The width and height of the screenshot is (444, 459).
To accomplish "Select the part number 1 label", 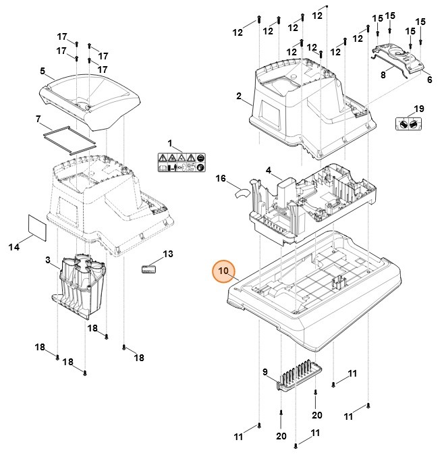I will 171,143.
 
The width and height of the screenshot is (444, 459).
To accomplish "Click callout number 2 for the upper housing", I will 239,97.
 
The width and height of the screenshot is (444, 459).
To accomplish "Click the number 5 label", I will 43,71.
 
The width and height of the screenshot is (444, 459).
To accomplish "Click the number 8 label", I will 383,76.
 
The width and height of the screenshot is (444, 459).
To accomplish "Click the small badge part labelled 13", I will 148,268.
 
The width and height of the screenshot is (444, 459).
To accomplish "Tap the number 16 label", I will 220,179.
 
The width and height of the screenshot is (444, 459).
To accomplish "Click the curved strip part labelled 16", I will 242,192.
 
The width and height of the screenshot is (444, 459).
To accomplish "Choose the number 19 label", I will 418,109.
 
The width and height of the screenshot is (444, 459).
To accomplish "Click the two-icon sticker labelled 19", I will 405,124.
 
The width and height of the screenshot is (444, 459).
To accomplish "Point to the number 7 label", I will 38,119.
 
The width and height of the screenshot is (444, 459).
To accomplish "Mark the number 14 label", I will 13,248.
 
